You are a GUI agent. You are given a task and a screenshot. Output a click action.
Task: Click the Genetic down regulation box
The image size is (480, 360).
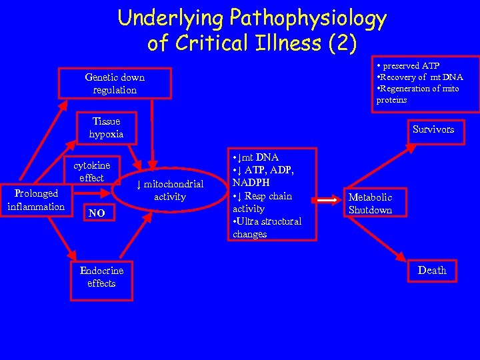pos(115,83)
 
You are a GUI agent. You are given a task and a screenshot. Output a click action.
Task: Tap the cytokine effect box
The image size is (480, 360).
pos(91,171)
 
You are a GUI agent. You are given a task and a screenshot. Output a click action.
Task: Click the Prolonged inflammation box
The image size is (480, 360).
pos(35,199)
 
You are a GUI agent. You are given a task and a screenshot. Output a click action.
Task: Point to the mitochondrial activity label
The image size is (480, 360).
pos(169,190)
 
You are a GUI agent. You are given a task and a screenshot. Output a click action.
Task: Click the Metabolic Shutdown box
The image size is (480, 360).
pos(371,203)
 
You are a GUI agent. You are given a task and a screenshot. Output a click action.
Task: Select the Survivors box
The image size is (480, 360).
pos(433,129)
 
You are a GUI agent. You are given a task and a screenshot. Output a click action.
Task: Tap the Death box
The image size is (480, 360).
pos(431,270)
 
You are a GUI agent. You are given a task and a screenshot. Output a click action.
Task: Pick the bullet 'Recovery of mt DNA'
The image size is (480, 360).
pos(419,77)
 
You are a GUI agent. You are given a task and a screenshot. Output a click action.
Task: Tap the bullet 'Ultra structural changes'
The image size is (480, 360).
pos(267,227)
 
